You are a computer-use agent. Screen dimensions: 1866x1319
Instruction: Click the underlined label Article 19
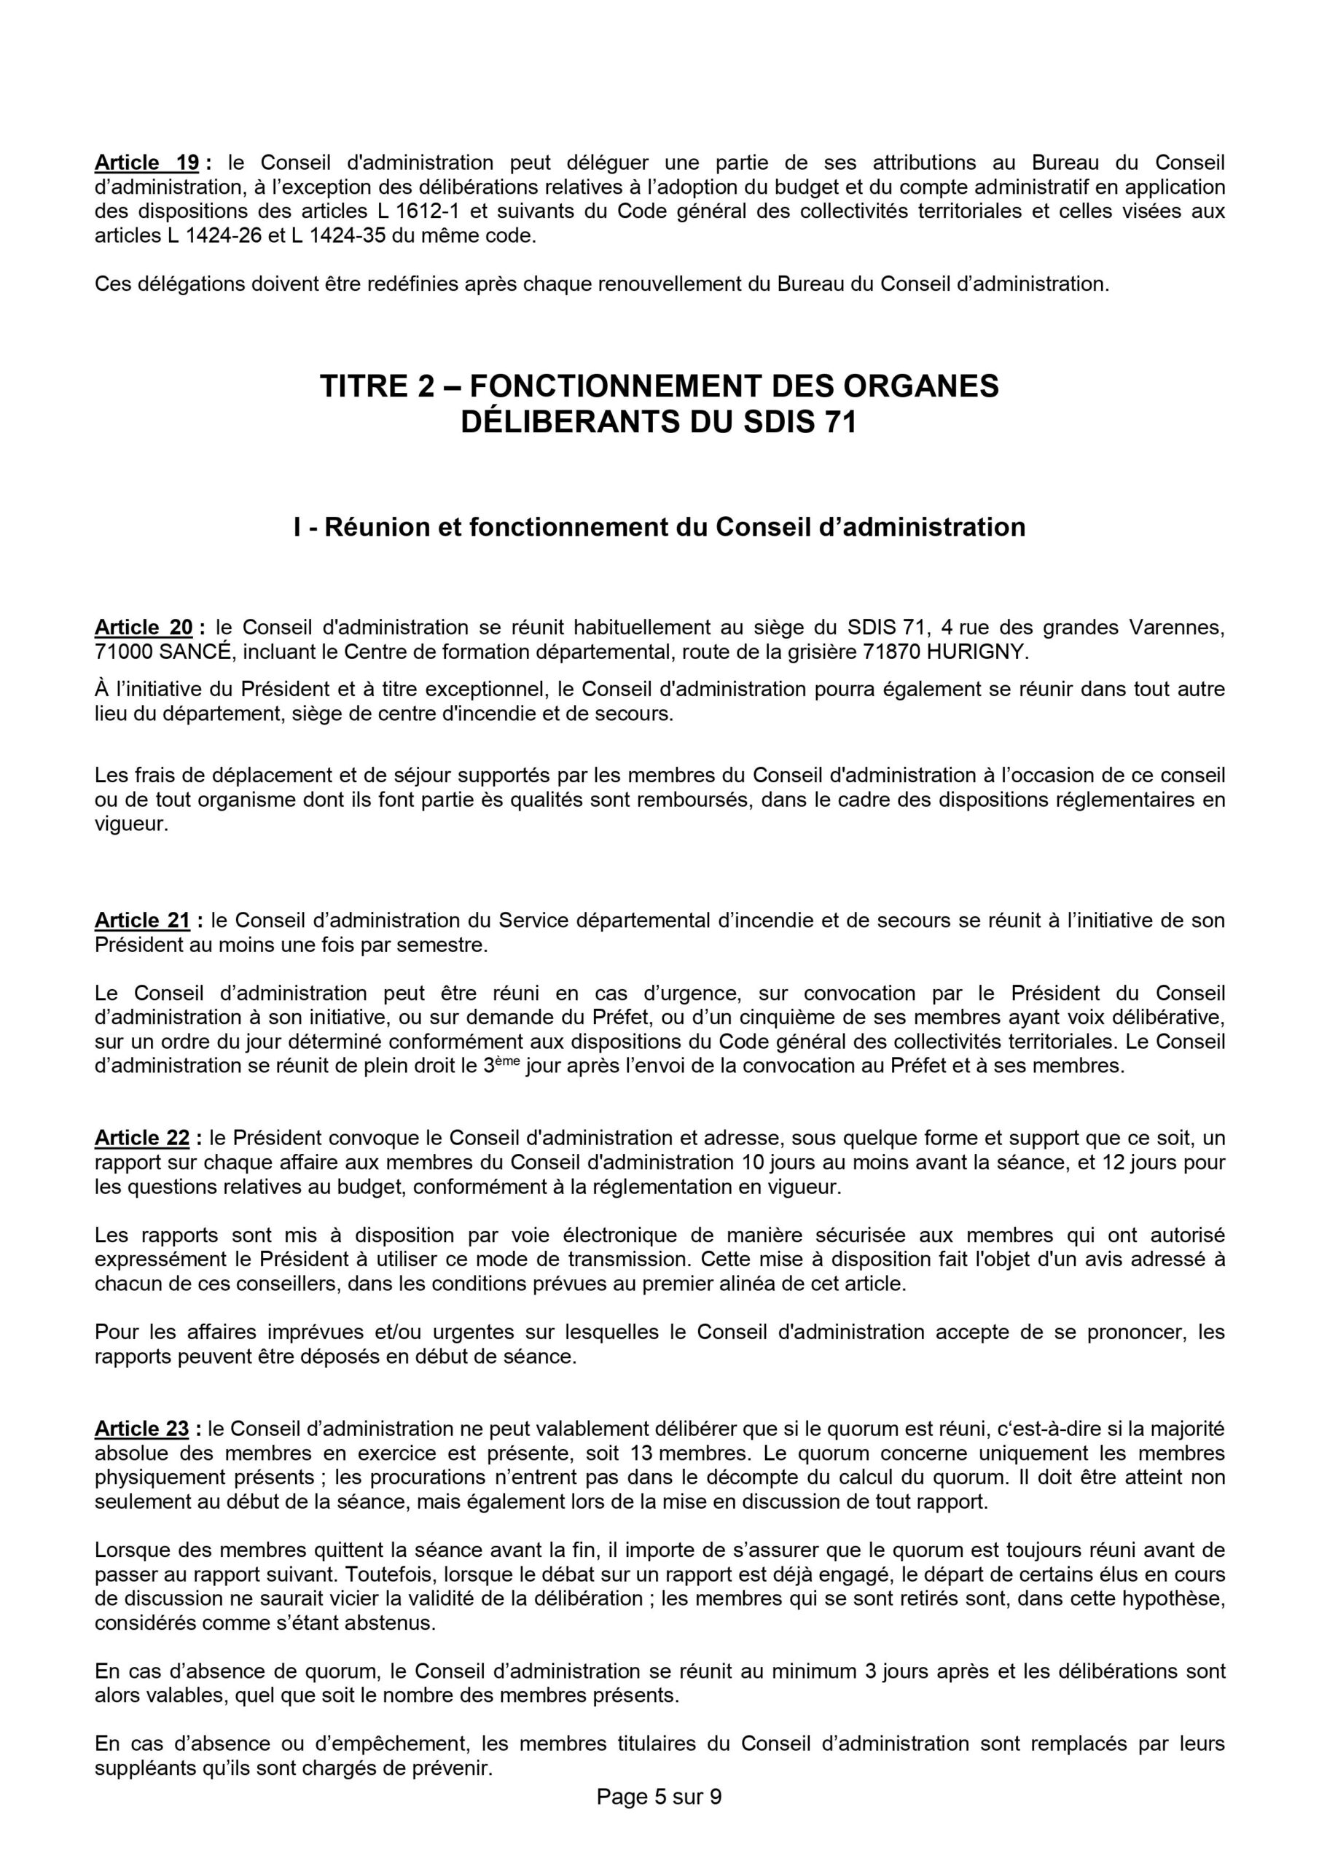tap(147, 163)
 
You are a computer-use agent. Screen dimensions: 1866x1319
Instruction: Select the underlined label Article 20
tap(144, 627)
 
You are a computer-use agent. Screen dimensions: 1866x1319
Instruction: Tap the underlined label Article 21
tap(143, 920)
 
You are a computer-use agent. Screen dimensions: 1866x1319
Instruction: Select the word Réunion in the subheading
tap(379, 528)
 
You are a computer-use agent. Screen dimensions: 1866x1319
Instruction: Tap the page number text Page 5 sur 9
tap(659, 1836)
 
